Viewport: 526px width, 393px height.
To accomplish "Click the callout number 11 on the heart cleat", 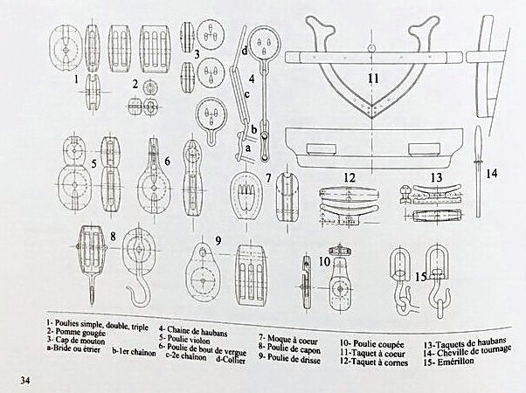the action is (x=373, y=79).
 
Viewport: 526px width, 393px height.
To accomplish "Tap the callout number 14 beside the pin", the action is (x=492, y=173).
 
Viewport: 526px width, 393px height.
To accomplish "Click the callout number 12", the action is (x=349, y=178).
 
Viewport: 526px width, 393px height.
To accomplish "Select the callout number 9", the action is (x=219, y=239).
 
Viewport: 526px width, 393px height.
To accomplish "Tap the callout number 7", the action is (x=269, y=178).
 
